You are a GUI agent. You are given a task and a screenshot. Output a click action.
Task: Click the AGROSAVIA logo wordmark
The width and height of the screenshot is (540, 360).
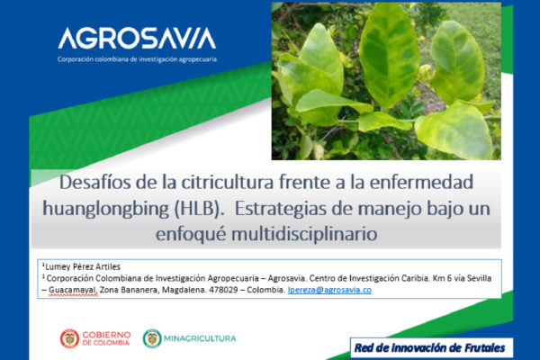tap(137, 38)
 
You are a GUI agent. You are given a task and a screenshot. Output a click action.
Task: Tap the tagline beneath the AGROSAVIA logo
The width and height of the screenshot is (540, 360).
tap(137, 59)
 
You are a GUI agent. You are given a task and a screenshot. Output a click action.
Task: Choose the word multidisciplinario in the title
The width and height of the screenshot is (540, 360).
tap(304, 234)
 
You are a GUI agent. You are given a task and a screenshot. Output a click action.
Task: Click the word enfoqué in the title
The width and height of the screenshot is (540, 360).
tap(191, 235)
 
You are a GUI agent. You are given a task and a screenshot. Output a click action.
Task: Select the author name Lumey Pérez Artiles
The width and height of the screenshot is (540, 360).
tap(83, 266)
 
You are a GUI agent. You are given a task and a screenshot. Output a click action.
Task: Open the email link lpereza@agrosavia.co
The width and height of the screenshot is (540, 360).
tap(329, 290)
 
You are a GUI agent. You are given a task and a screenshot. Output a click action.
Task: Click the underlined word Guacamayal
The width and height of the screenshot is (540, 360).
tap(73, 290)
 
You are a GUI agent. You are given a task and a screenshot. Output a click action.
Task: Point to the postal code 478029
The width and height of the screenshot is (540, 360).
tap(223, 290)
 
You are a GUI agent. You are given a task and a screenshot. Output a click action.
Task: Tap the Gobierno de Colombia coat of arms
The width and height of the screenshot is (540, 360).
tap(69, 338)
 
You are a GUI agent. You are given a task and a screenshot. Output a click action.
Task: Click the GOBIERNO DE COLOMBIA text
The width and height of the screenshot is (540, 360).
tap(106, 338)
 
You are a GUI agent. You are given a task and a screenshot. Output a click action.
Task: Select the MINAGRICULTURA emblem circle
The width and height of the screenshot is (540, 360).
tap(152, 338)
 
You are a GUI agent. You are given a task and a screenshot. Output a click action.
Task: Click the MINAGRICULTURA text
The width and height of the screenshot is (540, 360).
tap(200, 338)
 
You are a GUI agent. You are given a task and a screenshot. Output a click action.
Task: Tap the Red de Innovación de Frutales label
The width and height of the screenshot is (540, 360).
tap(430, 348)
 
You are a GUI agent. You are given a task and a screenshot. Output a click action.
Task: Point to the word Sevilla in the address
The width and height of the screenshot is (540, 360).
tap(479, 278)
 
